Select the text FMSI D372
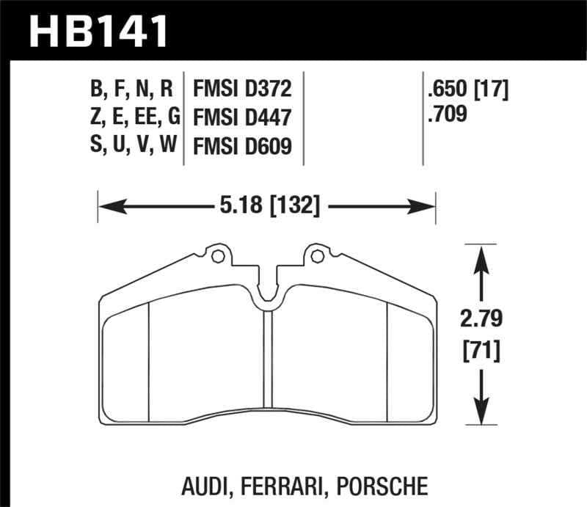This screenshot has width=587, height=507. click(x=242, y=90)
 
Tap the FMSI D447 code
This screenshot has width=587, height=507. click(x=242, y=117)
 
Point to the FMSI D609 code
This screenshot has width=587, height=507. click(x=242, y=146)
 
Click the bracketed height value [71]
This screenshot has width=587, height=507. click(x=481, y=352)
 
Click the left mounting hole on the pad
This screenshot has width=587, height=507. click(x=216, y=256)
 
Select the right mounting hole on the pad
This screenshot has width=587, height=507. click(x=317, y=256)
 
